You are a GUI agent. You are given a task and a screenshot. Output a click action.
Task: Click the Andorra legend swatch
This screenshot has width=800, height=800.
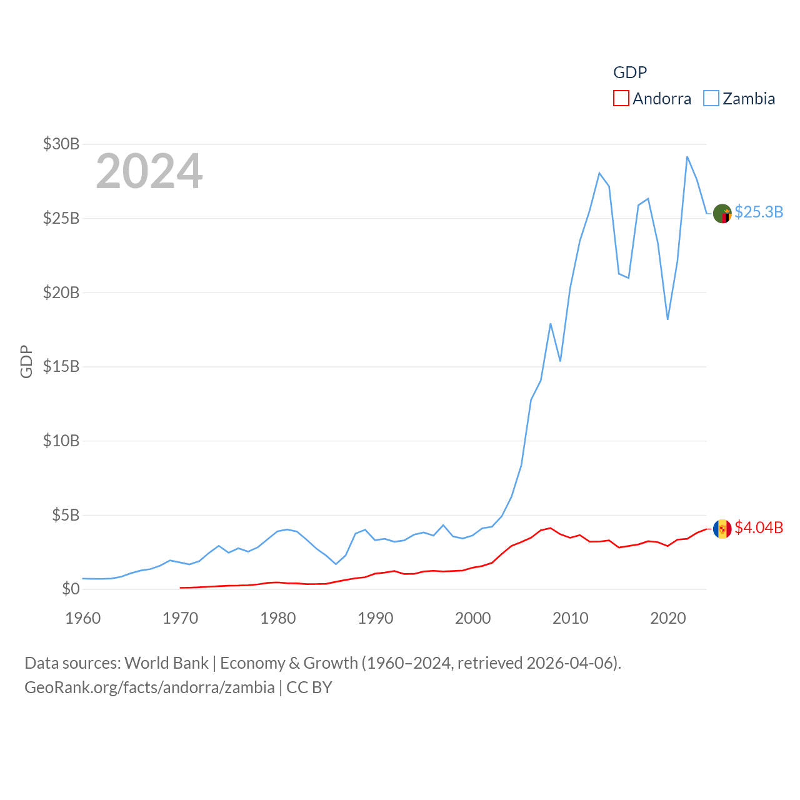click(621, 99)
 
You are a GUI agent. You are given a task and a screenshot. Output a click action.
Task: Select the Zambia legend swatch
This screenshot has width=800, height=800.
click(711, 99)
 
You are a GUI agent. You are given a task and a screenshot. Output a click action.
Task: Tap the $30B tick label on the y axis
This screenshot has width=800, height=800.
click(61, 144)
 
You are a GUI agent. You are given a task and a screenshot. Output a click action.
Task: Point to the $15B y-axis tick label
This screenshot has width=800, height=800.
click(61, 366)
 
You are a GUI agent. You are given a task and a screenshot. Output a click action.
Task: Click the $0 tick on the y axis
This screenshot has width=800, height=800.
click(71, 589)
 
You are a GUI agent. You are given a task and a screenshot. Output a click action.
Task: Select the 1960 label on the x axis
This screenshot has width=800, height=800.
click(83, 618)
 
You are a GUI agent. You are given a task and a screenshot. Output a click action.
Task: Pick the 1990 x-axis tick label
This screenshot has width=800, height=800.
click(376, 618)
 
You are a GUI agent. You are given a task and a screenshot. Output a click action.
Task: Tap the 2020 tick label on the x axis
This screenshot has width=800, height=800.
click(668, 618)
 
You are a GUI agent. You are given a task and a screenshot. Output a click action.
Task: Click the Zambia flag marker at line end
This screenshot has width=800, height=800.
click(722, 214)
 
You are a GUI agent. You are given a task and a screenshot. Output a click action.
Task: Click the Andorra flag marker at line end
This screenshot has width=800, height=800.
click(722, 529)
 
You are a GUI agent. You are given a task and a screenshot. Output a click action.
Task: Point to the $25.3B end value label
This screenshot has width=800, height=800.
click(759, 212)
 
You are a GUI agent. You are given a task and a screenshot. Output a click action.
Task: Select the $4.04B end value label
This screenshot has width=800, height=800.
click(759, 527)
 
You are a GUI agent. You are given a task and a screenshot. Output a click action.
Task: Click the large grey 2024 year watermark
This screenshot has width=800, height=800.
click(149, 171)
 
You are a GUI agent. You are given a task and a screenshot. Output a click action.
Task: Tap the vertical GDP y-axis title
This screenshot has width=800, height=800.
click(26, 361)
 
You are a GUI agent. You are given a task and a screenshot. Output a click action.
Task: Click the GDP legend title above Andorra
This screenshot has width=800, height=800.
click(630, 72)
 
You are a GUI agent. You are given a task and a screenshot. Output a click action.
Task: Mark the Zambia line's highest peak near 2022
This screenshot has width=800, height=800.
click(687, 157)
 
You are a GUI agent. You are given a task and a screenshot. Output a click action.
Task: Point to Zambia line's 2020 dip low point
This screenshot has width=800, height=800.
click(667, 319)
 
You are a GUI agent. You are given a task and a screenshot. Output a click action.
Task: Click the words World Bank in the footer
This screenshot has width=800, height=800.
click(167, 662)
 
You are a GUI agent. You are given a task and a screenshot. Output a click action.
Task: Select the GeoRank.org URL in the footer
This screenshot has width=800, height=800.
click(149, 687)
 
